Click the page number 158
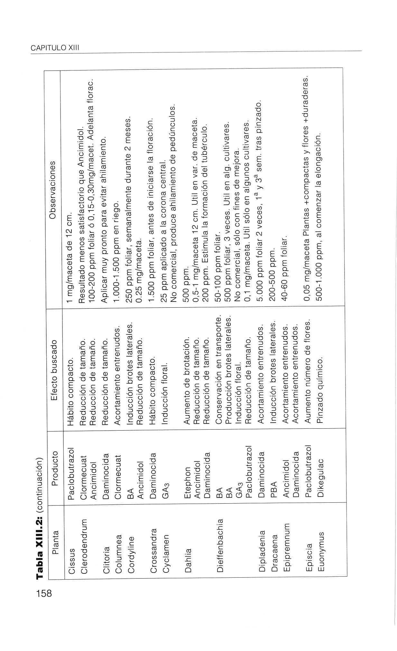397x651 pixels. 44,592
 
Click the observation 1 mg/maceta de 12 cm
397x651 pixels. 71,256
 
